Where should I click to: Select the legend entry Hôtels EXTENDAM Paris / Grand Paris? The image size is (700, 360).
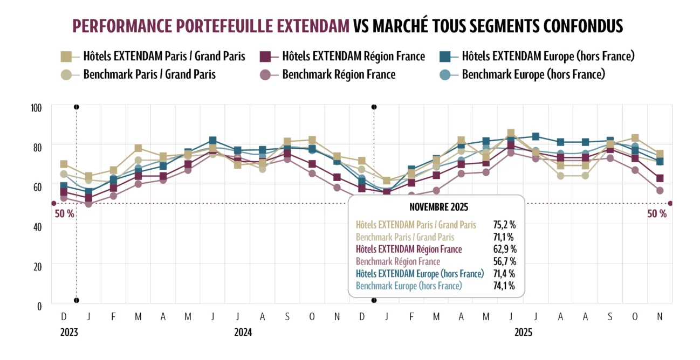pyautogui.click(x=164, y=56)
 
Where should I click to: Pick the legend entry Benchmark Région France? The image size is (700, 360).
pyautogui.click(x=339, y=74)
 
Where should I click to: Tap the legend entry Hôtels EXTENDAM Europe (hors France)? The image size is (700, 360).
pyautogui.click(x=548, y=56)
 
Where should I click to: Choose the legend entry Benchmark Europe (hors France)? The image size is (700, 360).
pyautogui.click(x=533, y=74)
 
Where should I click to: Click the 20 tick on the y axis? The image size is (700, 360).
pyautogui.click(x=37, y=266)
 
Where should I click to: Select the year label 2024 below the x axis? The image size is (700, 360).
pyautogui.click(x=243, y=333)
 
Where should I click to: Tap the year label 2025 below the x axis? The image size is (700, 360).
pyautogui.click(x=523, y=333)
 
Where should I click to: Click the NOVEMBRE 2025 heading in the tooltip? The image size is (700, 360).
pyautogui.click(x=438, y=207)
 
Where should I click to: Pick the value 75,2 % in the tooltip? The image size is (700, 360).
pyautogui.click(x=504, y=225)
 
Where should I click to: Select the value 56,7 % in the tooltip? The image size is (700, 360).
pyautogui.click(x=505, y=261)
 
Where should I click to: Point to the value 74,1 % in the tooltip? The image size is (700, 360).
pyautogui.click(x=504, y=286)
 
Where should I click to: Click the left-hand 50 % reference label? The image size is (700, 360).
pyautogui.click(x=64, y=213)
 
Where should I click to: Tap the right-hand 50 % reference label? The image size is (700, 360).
pyautogui.click(x=656, y=213)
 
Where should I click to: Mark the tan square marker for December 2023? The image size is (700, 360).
pyautogui.click(x=64, y=164)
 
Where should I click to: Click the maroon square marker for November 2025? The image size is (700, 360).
pyautogui.click(x=659, y=178)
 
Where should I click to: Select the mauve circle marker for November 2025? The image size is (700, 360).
pyautogui.click(x=659, y=190)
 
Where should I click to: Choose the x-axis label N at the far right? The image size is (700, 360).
pyautogui.click(x=659, y=316)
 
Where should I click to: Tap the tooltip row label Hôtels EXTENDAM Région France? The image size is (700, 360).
pyautogui.click(x=409, y=249)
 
